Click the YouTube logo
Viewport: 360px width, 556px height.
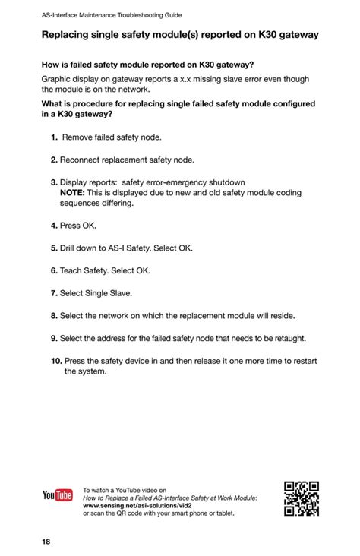click(x=58, y=496)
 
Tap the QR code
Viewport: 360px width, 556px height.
click(x=301, y=498)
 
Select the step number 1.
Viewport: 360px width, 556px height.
click(x=55, y=137)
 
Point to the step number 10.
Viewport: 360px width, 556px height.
click(x=56, y=361)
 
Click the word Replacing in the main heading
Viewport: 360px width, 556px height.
click(x=69, y=35)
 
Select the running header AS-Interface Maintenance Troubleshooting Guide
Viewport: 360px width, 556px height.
click(x=112, y=15)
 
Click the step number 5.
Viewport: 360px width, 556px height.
click(x=55, y=248)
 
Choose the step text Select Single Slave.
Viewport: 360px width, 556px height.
click(x=96, y=292)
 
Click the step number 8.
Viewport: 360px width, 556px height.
click(x=55, y=315)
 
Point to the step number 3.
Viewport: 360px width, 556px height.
click(x=55, y=182)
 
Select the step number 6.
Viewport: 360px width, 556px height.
click(x=55, y=270)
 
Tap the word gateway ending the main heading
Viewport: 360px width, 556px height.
click(x=292, y=35)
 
